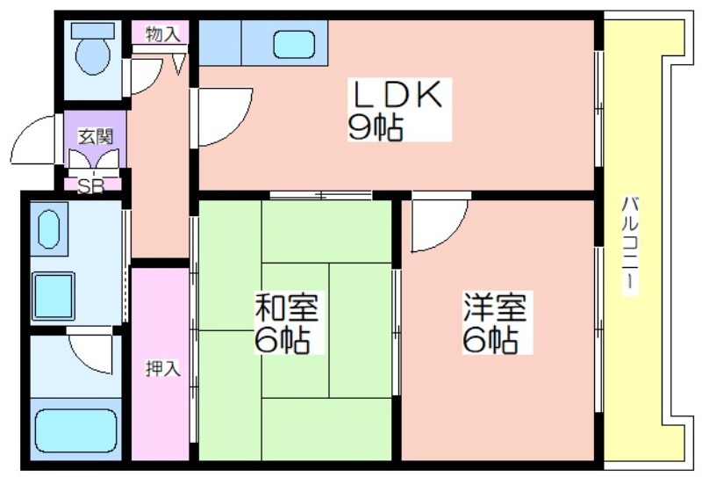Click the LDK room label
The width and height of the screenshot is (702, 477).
pos(398,94)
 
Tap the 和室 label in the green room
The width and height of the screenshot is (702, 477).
pos(287,307)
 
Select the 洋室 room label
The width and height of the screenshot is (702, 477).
pos(495,307)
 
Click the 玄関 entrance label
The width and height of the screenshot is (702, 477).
pos(96,136)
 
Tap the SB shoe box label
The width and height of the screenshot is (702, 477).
pos(91,186)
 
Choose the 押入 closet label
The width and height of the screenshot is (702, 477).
pos(163,368)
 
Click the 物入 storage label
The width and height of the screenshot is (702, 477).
pos(163,34)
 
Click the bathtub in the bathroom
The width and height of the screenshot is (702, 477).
pos(75,430)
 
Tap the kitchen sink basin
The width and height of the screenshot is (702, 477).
pos(294,45)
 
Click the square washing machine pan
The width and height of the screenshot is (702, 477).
pos(54,296)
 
